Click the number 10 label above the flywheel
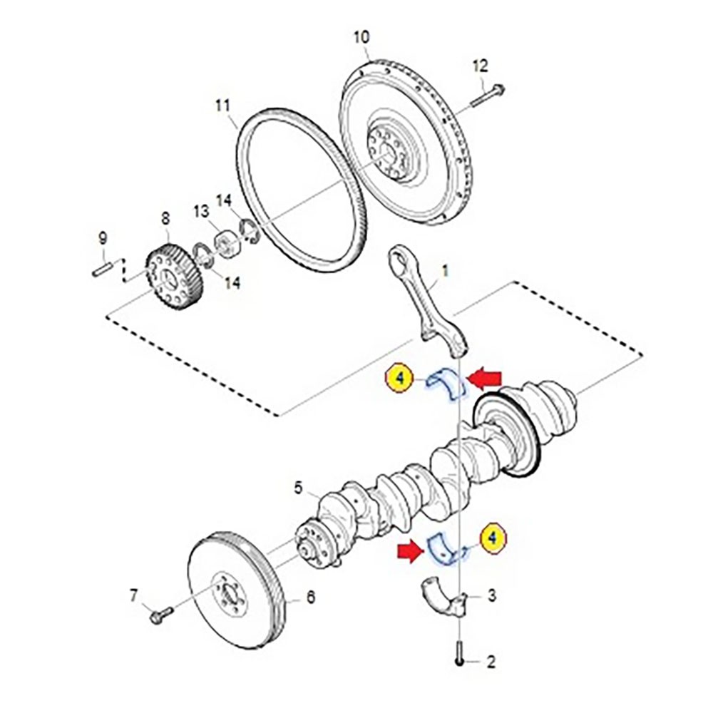click(x=361, y=36)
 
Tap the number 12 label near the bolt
click(x=480, y=66)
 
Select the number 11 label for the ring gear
click(x=223, y=107)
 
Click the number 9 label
click(x=102, y=237)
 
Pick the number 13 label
click(x=200, y=211)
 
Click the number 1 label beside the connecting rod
click(x=446, y=272)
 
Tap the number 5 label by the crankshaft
click(x=299, y=488)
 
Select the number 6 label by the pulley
click(x=310, y=598)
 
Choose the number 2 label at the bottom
click(x=490, y=662)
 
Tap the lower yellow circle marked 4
click(x=493, y=539)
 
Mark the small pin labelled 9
click(x=102, y=269)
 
